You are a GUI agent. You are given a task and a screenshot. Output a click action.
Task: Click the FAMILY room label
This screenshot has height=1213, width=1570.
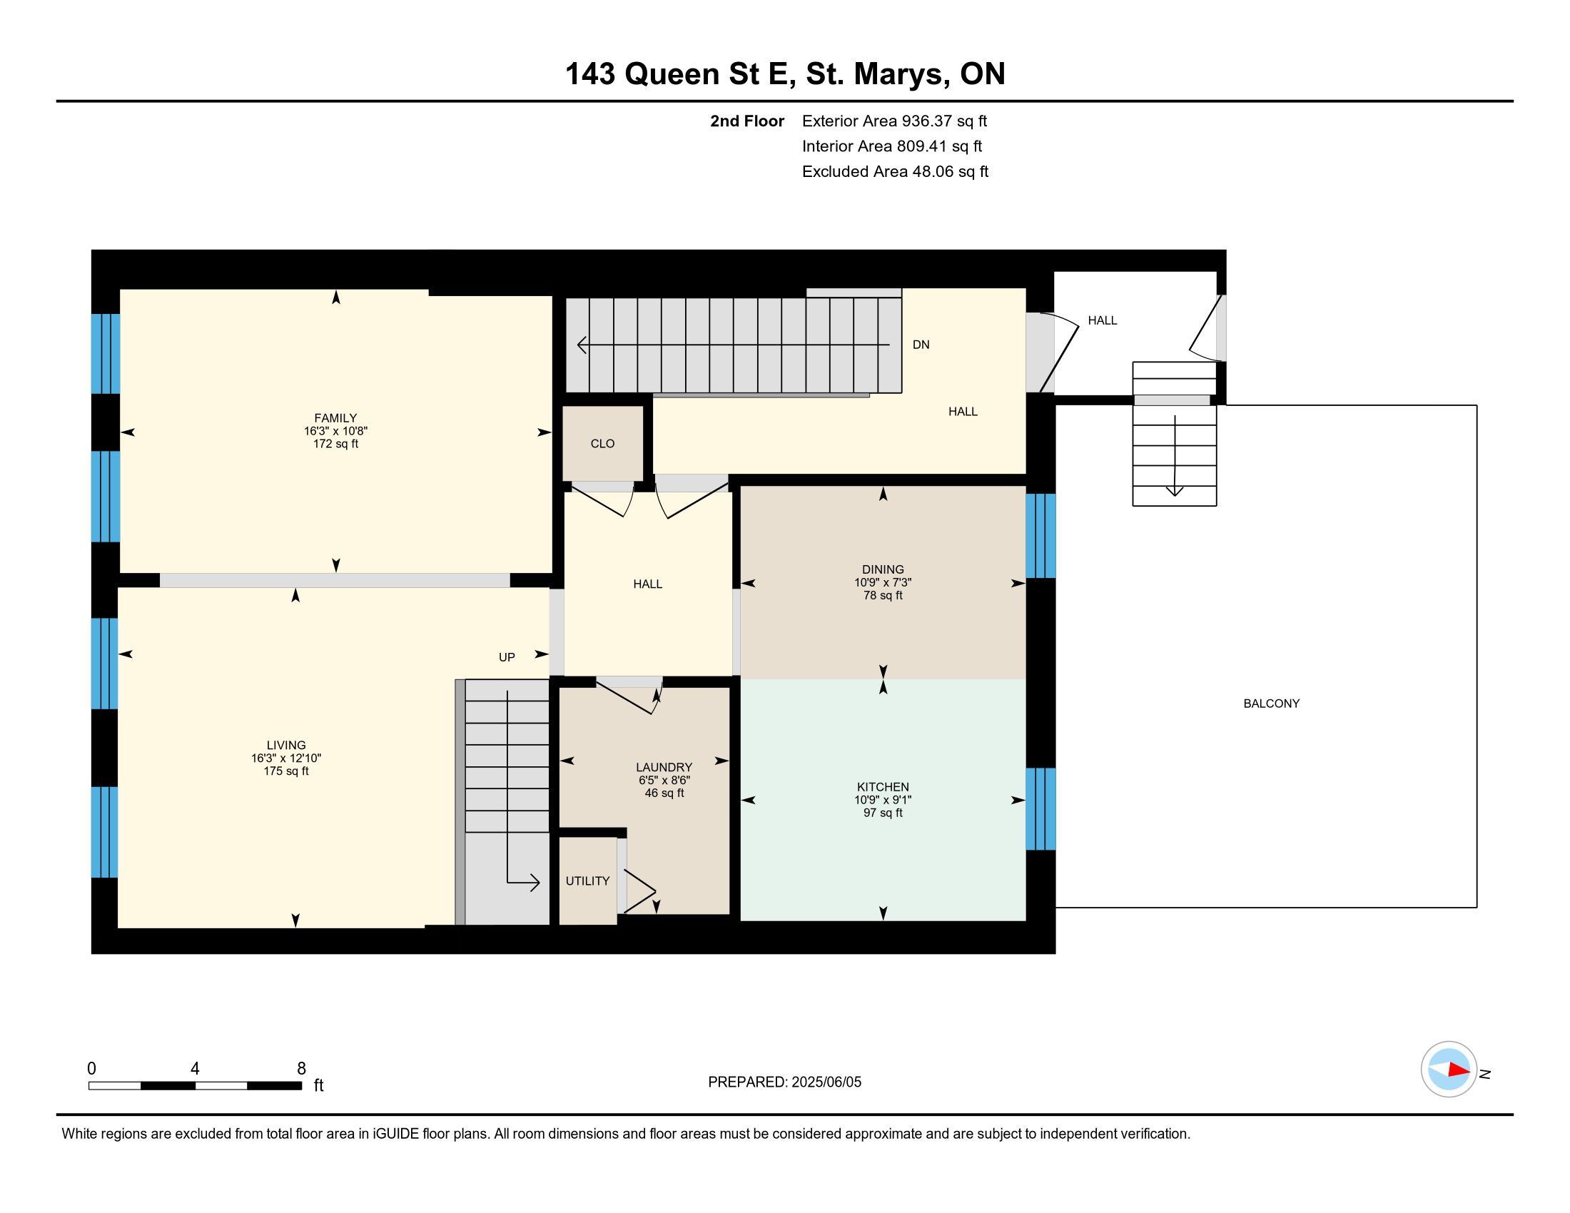point(335,417)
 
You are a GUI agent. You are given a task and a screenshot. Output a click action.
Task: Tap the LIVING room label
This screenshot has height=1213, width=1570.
point(286,745)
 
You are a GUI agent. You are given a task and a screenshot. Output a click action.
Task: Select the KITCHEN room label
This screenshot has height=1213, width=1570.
point(883,787)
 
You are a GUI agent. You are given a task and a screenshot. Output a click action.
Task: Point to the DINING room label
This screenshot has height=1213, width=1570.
point(883,569)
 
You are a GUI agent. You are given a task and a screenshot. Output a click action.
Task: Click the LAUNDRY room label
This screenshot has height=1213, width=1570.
point(664,768)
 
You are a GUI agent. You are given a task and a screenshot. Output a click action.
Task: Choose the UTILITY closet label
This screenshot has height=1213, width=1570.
point(587,881)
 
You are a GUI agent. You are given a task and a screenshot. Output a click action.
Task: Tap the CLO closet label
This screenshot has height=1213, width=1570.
point(602,443)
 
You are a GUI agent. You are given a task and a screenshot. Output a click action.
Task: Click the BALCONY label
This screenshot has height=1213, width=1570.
point(1271,704)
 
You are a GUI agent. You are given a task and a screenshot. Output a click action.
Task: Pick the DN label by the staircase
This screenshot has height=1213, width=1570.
point(921,345)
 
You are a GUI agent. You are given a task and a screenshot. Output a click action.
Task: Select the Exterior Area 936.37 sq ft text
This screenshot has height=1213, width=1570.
point(894,121)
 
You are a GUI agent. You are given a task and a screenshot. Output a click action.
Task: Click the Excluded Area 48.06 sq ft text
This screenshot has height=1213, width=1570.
point(895,171)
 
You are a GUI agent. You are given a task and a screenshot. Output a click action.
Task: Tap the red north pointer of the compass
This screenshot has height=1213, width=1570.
point(1459,1070)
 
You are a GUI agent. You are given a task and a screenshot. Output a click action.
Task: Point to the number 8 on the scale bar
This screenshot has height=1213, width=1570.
point(301,1069)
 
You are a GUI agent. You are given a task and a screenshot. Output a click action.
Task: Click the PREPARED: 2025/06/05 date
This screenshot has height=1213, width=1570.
point(784,1082)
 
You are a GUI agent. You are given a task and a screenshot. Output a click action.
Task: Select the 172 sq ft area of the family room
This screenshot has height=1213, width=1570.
point(335,444)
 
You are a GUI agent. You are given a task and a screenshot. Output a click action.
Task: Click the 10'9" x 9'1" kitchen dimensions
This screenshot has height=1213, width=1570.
point(883,800)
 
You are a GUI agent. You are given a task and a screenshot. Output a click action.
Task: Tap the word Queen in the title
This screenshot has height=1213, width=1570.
point(672,75)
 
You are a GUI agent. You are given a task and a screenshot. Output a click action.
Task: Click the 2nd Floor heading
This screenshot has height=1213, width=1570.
point(747,121)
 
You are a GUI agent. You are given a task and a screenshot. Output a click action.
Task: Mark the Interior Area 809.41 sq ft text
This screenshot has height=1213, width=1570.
point(892,146)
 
